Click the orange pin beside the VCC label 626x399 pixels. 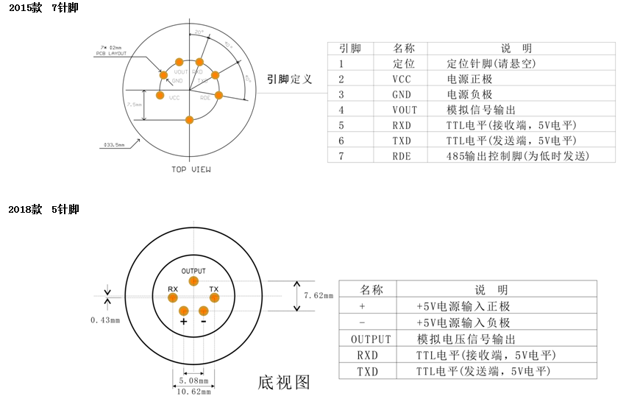(x=160, y=95)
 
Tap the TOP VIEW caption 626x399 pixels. (x=191, y=170)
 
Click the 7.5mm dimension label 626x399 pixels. (x=135, y=105)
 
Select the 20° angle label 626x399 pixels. (x=199, y=32)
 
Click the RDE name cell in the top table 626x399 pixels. (x=402, y=156)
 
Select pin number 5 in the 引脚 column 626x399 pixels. (x=341, y=125)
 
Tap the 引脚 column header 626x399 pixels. (x=350, y=48)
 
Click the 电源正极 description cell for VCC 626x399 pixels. (x=469, y=79)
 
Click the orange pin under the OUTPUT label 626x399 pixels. (x=193, y=281)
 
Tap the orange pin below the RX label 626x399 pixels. (x=173, y=297)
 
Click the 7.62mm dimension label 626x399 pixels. (x=319, y=295)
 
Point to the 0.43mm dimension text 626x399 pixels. (x=104, y=320)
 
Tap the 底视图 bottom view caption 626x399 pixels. (x=284, y=382)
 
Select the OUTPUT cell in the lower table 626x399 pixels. (x=371, y=339)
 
